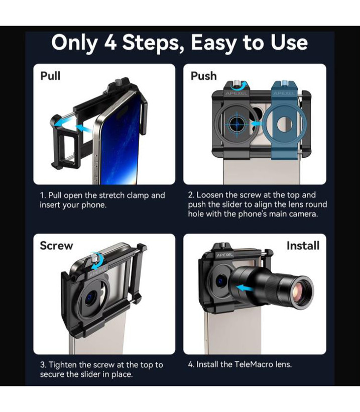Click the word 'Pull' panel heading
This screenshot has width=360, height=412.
[x=50, y=76]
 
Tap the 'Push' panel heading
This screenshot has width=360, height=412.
[x=203, y=76]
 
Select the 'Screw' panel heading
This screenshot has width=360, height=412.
[x=56, y=245]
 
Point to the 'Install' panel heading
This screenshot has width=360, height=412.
[x=303, y=246]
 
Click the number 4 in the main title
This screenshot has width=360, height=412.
[x=110, y=43]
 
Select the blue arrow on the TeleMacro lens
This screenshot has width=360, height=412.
[x=245, y=288]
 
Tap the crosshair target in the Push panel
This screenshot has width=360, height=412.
[x=236, y=124]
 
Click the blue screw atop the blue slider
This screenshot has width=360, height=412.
[x=284, y=83]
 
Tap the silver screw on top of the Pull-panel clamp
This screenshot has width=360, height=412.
[x=118, y=82]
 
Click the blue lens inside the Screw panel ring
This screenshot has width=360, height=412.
[x=90, y=297]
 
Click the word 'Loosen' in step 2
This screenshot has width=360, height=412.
[x=210, y=195]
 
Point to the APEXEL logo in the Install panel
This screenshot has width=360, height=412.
[x=224, y=255]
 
